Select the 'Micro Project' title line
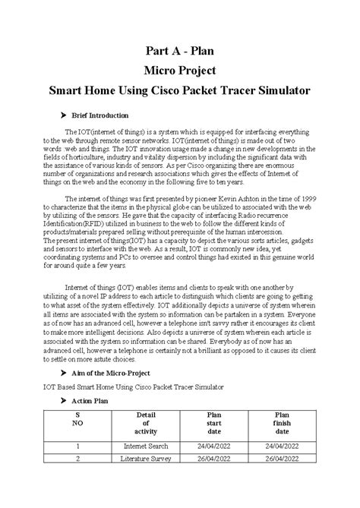coord(180,72)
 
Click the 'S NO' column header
coord(78,423)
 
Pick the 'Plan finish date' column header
coord(282,423)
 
